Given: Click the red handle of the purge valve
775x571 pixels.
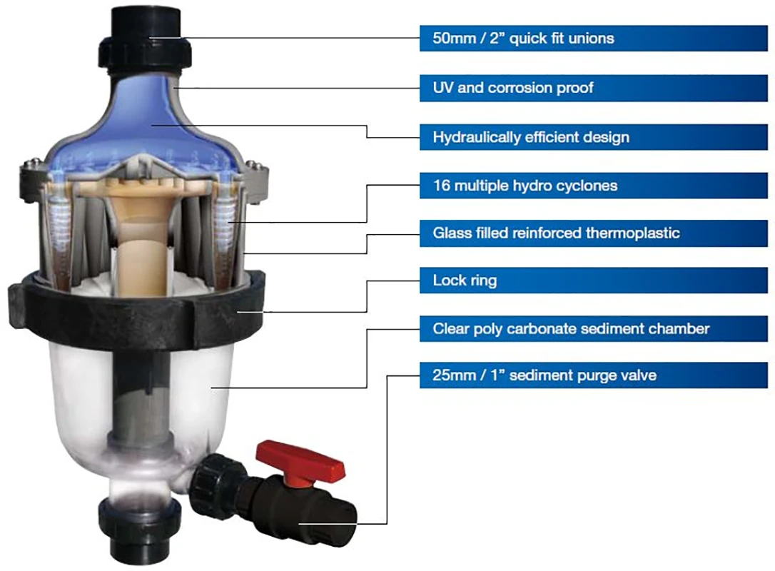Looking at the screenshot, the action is (x=300, y=457).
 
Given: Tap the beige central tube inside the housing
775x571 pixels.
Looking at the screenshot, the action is (x=136, y=250).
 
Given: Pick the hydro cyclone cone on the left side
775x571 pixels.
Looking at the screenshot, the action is (x=57, y=221).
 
